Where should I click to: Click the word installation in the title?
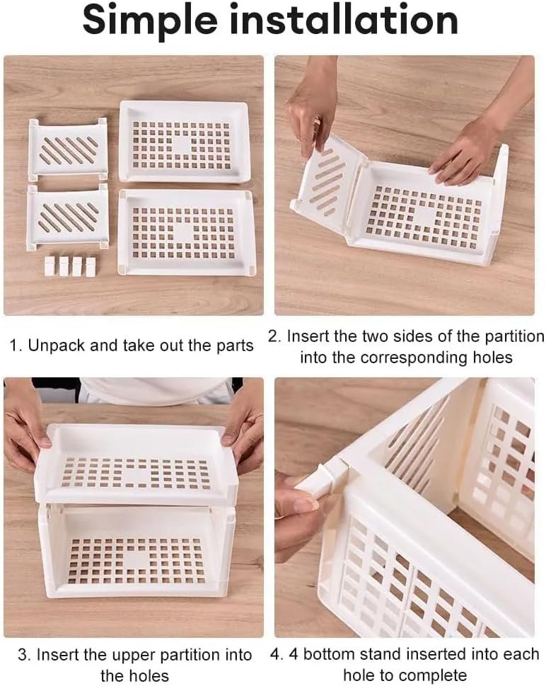coord(344,19)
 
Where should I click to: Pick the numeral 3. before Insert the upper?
coord(25,655)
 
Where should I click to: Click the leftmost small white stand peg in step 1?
coord(50,266)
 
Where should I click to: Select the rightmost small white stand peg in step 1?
coord(91,267)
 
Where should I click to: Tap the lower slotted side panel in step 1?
coord(67,217)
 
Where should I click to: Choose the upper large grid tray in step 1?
coord(184,142)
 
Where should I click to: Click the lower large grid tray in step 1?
coord(186,232)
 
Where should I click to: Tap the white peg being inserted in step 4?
coord(323,481)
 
